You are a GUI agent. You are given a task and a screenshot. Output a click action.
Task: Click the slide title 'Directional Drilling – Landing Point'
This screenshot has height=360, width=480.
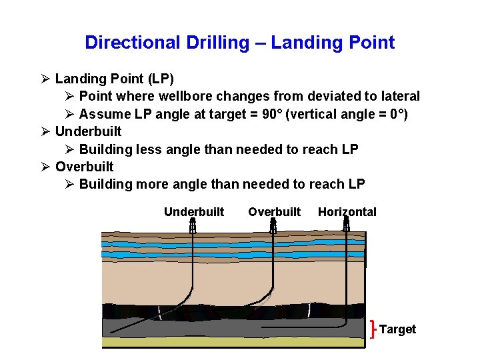(239, 43)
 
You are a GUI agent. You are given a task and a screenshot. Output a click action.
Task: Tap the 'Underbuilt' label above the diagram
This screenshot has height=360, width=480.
(194, 212)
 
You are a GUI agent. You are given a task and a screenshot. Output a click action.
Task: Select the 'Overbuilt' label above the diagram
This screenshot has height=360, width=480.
(275, 212)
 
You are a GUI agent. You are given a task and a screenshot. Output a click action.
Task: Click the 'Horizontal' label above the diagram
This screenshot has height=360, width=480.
(347, 212)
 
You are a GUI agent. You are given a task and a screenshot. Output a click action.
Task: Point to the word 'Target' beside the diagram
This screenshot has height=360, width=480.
(397, 329)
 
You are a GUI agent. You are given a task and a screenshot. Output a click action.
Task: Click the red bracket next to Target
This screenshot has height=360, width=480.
(372, 329)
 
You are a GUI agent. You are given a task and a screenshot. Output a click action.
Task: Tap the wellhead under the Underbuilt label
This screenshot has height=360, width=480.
(192, 227)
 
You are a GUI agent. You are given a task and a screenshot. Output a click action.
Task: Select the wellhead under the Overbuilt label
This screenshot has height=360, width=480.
(273, 227)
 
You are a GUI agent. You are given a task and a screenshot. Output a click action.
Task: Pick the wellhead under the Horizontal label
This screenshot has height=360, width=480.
(346, 227)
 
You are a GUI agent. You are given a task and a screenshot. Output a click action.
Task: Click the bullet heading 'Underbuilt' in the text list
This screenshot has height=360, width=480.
(88, 131)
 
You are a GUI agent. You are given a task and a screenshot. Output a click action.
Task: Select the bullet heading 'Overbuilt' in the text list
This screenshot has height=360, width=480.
(84, 167)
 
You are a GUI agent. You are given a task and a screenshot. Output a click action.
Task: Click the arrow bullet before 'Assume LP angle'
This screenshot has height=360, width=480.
(69, 114)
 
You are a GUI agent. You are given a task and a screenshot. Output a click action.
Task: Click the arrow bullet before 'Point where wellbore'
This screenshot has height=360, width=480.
(69, 97)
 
